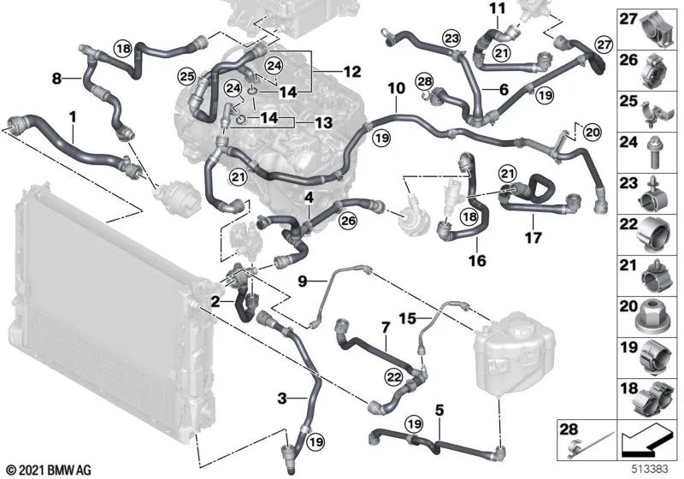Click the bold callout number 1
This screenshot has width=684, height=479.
pos(73,117)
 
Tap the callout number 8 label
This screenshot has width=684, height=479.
pos(56,79)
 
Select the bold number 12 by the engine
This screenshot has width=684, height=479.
pos(352,72)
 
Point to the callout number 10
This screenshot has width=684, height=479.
pos(397,89)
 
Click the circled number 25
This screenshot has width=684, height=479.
pos(186,76)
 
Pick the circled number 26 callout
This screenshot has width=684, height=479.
pos(349,221)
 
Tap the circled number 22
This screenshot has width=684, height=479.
pos(394,377)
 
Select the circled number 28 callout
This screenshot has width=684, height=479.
pos(424,81)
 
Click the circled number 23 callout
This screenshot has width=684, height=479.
pos(451,38)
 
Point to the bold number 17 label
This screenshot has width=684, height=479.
pos(533,237)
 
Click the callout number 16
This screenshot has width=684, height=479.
pos(477,260)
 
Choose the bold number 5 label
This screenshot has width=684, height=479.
pos(439,410)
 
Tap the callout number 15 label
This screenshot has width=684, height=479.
pos(408,318)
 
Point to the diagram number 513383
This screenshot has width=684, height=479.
pos(651,469)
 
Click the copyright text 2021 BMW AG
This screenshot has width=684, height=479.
pos(50,470)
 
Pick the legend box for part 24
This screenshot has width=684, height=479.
pos(650,152)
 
